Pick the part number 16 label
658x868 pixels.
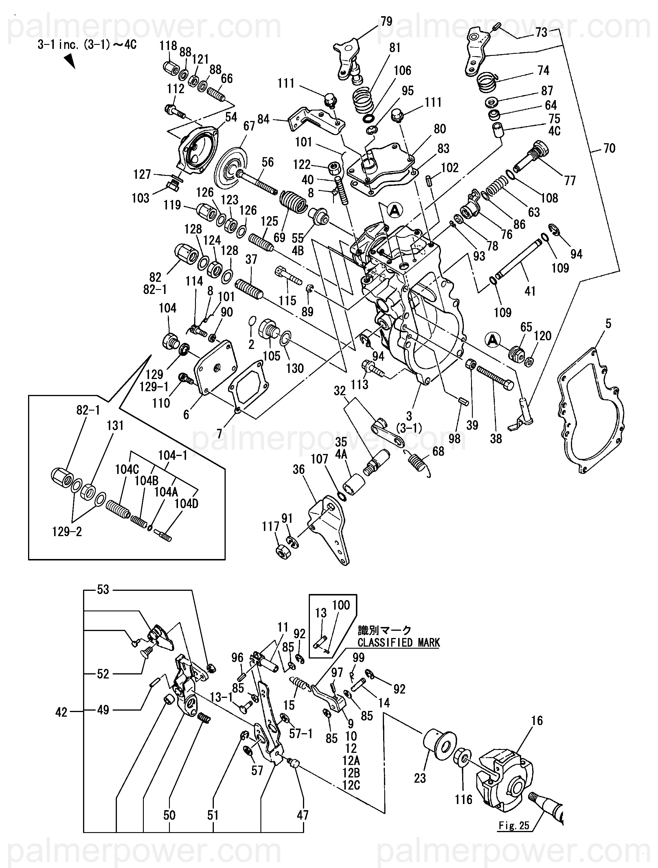click(537, 721)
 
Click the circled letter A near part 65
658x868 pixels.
click(492, 340)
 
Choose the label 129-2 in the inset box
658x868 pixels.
click(67, 532)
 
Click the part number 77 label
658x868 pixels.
click(569, 181)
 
